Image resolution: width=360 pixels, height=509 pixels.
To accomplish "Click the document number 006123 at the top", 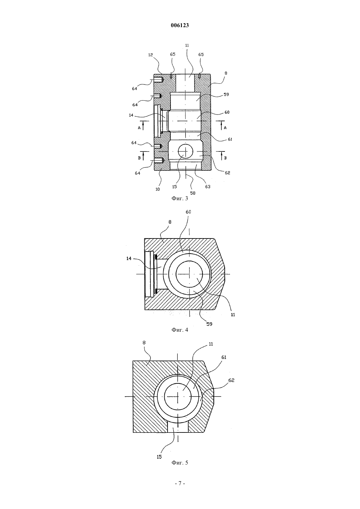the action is coord(180,26).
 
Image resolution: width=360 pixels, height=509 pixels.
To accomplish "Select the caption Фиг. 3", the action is coord(180,198).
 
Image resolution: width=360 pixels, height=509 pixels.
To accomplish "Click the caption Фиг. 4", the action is coord(180,330).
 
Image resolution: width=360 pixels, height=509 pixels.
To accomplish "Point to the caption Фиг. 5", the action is coord(180,463).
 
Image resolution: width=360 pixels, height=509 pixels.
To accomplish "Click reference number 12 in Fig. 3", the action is coord(151,55).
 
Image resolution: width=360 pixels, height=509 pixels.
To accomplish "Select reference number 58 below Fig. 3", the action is coord(193,193).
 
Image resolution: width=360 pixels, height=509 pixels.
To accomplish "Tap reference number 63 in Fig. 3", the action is coord(208,186).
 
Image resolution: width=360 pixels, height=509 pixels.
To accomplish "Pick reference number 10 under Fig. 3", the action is coord(158,189).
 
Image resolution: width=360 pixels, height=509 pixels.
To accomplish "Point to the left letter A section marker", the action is coord(139,128).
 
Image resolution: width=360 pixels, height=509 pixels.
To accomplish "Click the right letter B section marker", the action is coord(225,158).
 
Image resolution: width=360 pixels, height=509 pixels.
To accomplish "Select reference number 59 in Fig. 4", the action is coord(209,324).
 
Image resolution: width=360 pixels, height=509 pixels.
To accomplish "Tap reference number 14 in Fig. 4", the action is coord(129,258).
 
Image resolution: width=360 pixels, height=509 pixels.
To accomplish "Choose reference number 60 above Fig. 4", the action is coord(189,212).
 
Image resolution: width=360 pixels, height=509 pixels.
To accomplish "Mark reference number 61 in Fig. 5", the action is coord(224,358).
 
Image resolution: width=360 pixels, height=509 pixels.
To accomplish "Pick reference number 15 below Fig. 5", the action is coord(159,457).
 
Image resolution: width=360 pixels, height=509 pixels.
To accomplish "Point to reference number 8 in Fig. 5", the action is coord(144,342).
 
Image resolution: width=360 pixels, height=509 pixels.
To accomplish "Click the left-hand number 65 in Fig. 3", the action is coord(173,54).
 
